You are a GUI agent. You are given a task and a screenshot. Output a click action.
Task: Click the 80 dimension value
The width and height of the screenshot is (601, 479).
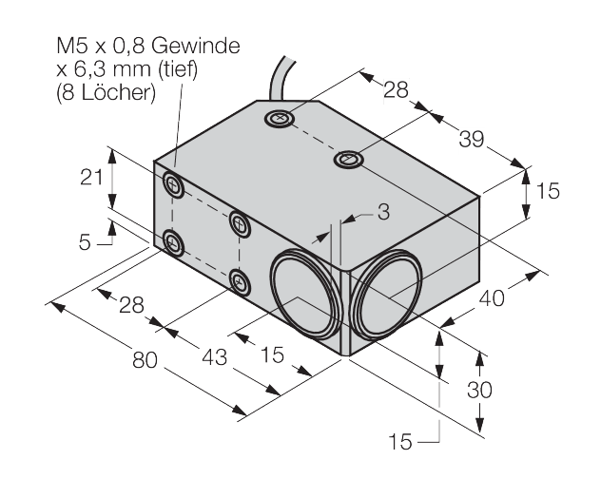pyautogui.click(x=145, y=360)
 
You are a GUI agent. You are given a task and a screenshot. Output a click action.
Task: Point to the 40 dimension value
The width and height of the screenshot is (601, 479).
pyautogui.click(x=491, y=297)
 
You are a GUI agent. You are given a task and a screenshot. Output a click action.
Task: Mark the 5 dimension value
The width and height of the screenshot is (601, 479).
pyautogui.click(x=86, y=242)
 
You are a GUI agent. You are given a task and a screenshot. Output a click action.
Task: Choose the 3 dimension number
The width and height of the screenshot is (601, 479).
pyautogui.click(x=383, y=213)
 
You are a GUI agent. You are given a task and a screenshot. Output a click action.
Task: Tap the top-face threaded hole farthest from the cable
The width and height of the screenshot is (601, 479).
pyautogui.click(x=349, y=161)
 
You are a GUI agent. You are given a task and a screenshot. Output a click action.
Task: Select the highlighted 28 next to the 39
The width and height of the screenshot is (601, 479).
pyautogui.click(x=396, y=90)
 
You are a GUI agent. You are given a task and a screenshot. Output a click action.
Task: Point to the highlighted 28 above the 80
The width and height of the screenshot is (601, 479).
pyautogui.click(x=131, y=305)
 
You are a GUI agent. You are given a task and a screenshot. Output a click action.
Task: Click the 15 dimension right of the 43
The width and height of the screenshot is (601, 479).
pyautogui.click(x=273, y=354)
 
